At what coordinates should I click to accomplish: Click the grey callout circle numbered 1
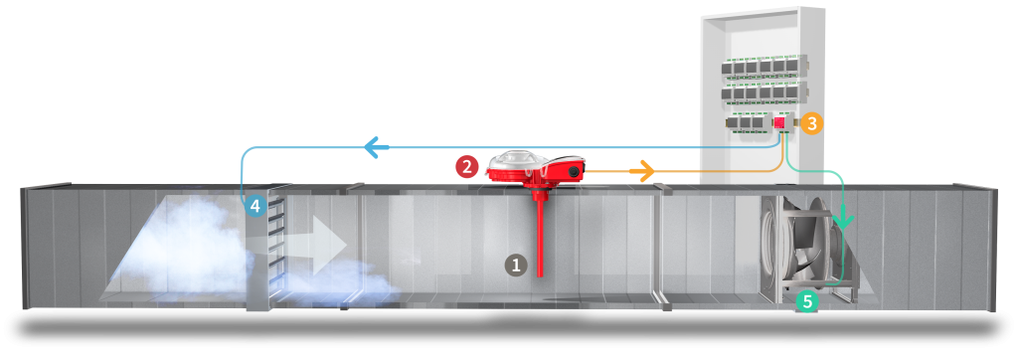pyautogui.click(x=516, y=265)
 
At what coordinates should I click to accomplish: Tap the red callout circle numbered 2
pyautogui.click(x=467, y=166)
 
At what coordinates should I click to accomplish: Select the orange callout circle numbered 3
pyautogui.click(x=811, y=123)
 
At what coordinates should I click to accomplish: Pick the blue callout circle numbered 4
pyautogui.click(x=255, y=207)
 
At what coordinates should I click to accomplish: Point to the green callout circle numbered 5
pyautogui.click(x=808, y=301)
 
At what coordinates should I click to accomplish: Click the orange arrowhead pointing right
pyautogui.click(x=642, y=171)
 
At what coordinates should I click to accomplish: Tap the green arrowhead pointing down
pyautogui.click(x=843, y=217)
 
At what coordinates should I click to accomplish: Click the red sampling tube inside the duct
pyautogui.click(x=540, y=233)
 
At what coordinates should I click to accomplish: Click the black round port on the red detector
pyautogui.click(x=575, y=171)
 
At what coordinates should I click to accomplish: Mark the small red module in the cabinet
pyautogui.click(x=779, y=121)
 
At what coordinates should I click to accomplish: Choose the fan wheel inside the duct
pyautogui.click(x=802, y=244)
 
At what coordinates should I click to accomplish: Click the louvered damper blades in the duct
pyautogui.click(x=275, y=238)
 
